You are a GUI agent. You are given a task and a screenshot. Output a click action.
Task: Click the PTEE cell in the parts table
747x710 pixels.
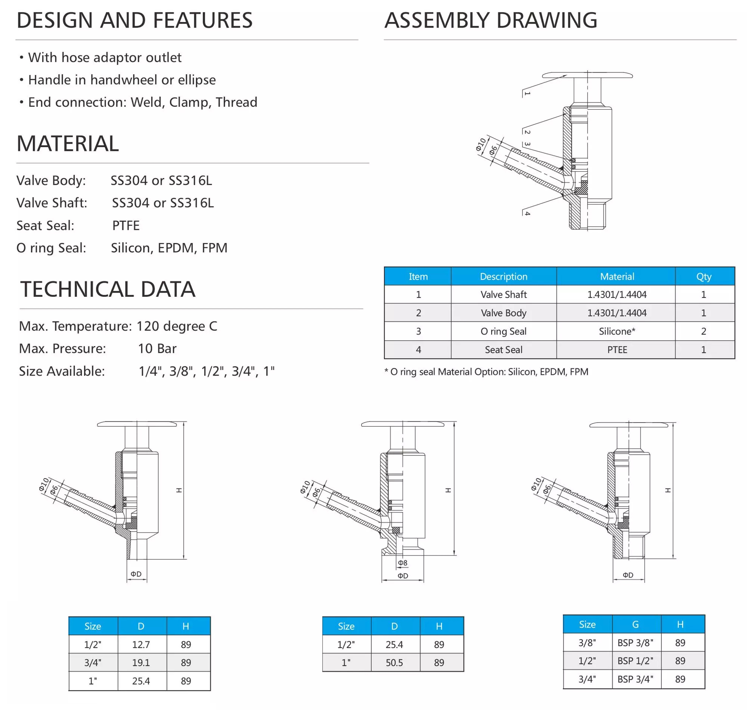point(617,350)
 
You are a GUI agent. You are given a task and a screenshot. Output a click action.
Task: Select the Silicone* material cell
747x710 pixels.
point(617,331)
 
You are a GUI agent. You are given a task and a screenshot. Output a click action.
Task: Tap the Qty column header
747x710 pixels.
point(703,276)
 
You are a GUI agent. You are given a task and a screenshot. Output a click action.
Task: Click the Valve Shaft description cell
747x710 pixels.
point(503,295)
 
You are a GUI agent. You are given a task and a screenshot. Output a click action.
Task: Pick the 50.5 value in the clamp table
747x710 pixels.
point(394,662)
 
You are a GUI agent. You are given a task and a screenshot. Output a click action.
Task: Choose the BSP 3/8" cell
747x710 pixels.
point(635,642)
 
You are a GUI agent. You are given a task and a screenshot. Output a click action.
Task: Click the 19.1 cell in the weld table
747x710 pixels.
point(141,662)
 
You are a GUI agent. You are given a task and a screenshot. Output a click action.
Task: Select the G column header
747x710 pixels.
point(635,624)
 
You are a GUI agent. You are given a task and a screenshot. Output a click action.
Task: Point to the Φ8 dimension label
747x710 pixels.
point(403,563)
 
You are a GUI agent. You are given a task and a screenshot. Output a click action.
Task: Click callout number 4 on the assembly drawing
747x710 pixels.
point(527,214)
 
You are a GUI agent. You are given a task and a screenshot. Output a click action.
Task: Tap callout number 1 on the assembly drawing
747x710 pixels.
point(527,93)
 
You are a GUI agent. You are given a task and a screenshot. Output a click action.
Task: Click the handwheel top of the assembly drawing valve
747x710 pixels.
point(587,75)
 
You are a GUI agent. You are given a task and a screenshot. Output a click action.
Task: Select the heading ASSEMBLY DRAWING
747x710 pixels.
point(490,21)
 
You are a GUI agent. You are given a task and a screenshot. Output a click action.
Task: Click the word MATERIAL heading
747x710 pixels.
point(68,144)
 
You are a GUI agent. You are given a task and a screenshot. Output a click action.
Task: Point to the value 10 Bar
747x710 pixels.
point(157,349)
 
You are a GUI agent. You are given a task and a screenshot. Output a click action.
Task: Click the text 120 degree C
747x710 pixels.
point(176,326)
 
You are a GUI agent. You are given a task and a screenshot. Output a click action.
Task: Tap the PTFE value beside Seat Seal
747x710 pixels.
point(126,225)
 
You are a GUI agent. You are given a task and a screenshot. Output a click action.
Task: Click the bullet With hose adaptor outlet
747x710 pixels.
point(105,57)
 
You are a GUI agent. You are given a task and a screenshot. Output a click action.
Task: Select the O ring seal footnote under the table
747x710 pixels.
point(486,372)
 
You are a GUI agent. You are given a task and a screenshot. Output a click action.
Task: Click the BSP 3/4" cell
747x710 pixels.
point(635,679)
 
